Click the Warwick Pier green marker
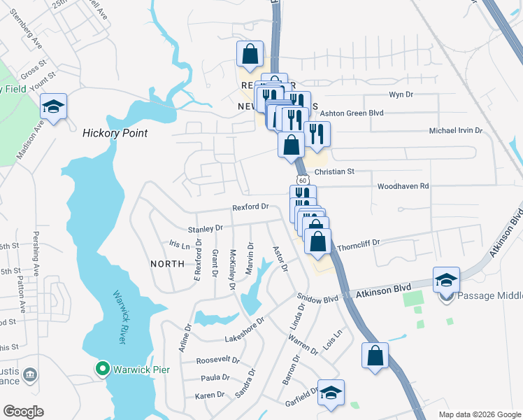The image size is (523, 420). tap(102, 367)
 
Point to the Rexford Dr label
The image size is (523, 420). tap(251, 207)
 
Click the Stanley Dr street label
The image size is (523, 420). tap(205, 228)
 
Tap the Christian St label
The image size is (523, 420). tap(335, 171)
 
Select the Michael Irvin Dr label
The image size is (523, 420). tap(457, 131)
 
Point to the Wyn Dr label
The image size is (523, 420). tap(398, 94)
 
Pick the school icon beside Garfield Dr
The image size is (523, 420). tap(332, 393)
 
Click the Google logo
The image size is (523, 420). tap(23, 412)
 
